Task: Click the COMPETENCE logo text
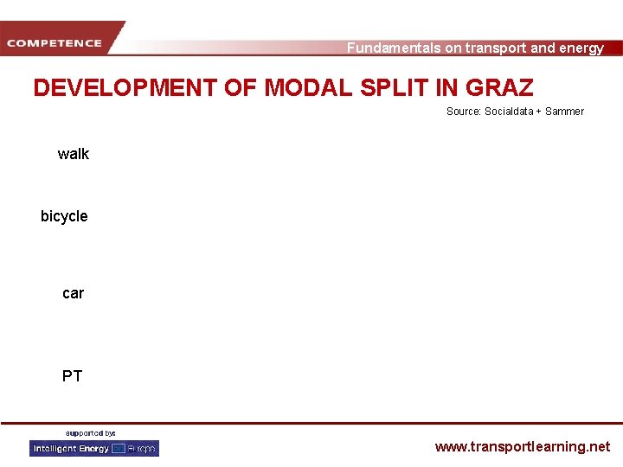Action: [54, 42]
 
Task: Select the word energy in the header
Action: [581, 48]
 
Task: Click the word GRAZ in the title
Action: [500, 87]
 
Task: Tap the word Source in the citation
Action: [463, 112]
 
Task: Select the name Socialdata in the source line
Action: [510, 112]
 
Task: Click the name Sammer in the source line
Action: [565, 112]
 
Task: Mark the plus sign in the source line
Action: [539, 112]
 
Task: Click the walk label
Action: [74, 154]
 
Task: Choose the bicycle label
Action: [64, 216]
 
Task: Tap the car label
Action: [74, 293]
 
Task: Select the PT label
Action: [73, 376]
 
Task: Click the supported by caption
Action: [91, 432]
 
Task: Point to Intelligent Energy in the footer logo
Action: [70, 448]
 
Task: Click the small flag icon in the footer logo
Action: [119, 448]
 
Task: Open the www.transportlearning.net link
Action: [522, 447]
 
